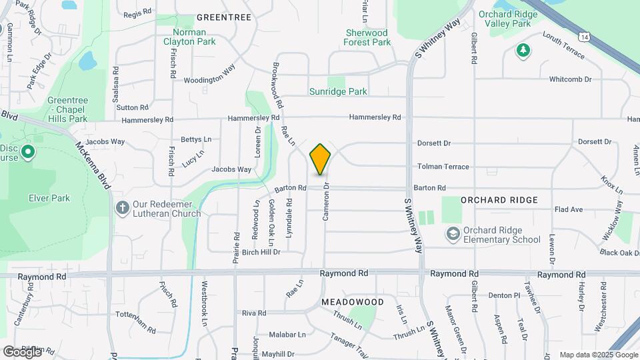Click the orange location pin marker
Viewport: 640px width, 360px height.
pyautogui.click(x=320, y=159)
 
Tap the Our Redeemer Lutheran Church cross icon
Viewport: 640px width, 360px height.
pyautogui.click(x=122, y=207)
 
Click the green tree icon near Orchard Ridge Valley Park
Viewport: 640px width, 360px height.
pyautogui.click(x=523, y=50)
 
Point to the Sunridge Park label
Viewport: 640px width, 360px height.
pyautogui.click(x=338, y=91)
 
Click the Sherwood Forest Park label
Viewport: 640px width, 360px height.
pyautogui.click(x=367, y=37)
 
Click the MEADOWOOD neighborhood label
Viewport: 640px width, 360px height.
pyautogui.click(x=353, y=302)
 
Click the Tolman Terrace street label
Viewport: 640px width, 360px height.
pyautogui.click(x=443, y=167)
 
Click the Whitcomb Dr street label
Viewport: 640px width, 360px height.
pyautogui.click(x=570, y=79)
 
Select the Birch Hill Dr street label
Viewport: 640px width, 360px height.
pyautogui.click(x=261, y=252)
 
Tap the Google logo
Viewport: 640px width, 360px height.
pyautogui.click(x=22, y=351)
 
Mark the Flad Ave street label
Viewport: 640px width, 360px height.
pyautogui.click(x=569, y=209)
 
